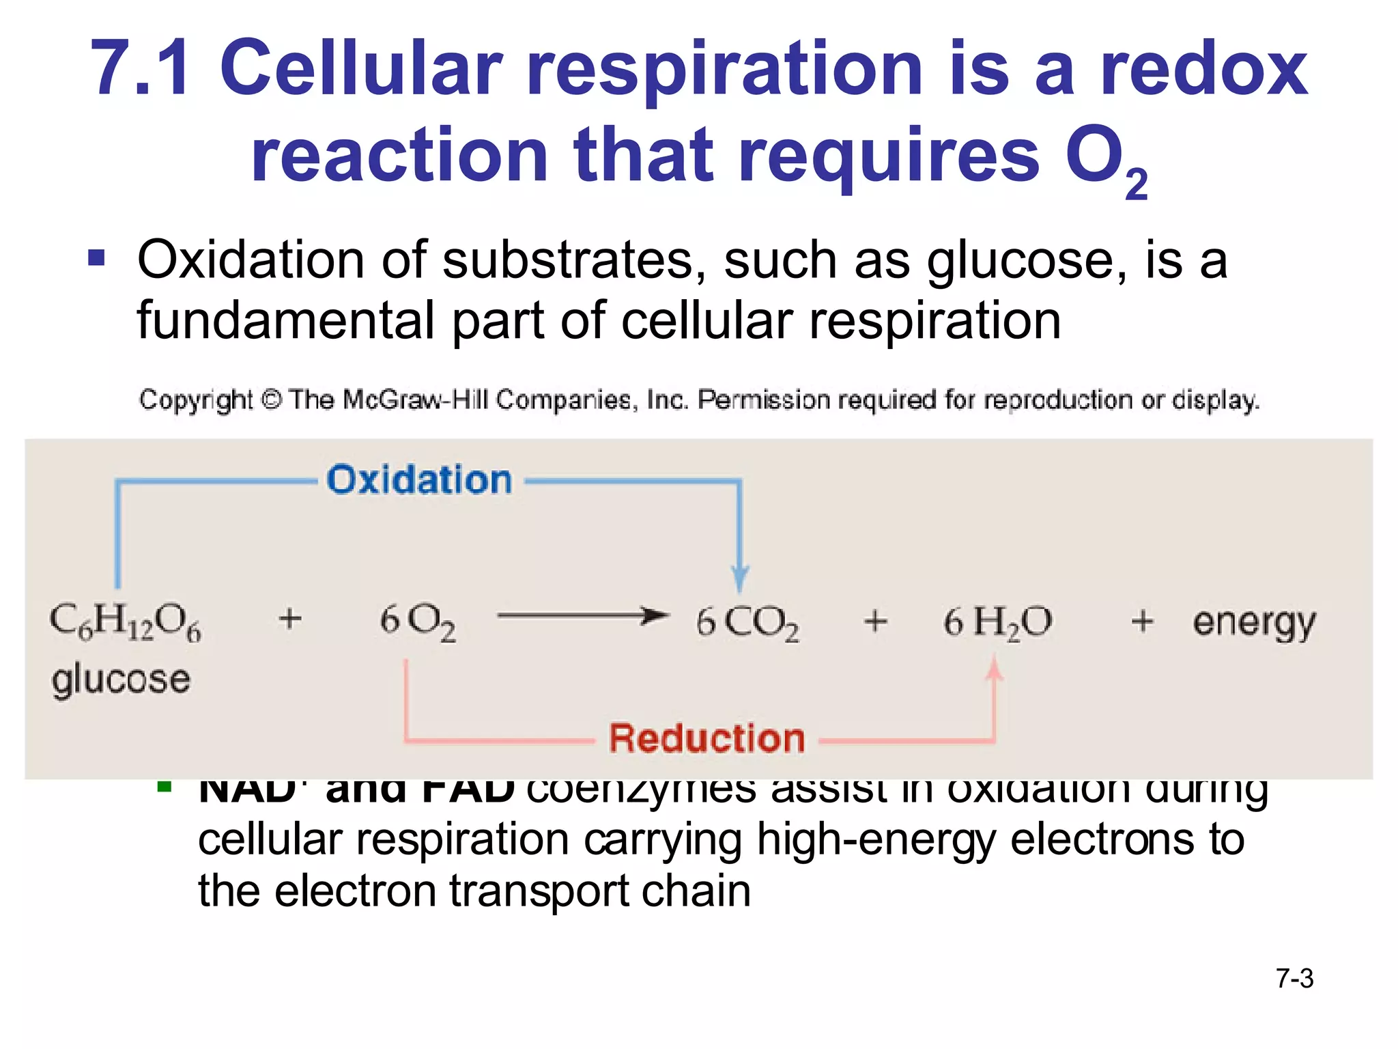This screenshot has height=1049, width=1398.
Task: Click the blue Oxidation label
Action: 419,479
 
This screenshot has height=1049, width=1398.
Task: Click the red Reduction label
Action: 707,738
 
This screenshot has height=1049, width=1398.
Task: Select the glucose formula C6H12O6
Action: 126,621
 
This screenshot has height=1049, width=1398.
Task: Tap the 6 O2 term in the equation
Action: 418,622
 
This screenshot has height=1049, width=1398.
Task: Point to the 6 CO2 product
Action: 747,622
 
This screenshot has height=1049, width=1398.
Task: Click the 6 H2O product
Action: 997,622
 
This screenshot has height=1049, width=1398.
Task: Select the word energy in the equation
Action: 1253,624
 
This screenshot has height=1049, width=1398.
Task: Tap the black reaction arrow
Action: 582,616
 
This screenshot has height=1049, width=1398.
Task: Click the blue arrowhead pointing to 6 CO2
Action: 739,579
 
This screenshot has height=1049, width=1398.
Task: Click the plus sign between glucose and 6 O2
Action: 290,619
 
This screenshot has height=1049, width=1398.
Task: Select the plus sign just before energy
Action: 1142,621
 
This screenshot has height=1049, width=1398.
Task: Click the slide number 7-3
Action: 1294,979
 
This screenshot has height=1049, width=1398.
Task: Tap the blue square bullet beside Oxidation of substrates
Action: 97,258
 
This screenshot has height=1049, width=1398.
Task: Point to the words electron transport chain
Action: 512,891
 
